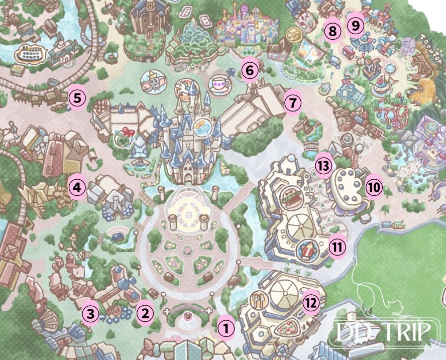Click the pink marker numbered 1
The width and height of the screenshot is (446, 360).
point(227,329)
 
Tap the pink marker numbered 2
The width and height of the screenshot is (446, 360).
point(145,314)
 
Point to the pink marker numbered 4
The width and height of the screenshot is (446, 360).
point(77,188)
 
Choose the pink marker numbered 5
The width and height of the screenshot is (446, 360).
point(77,97)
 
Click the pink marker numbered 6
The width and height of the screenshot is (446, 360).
point(249,71)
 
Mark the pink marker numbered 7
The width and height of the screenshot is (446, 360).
point(293,103)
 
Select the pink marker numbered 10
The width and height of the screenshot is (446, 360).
point(374,188)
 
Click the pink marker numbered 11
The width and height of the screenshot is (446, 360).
point(338,246)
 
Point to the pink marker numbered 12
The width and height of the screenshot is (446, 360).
point(311,302)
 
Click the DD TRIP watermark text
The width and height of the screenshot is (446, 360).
point(382,331)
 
